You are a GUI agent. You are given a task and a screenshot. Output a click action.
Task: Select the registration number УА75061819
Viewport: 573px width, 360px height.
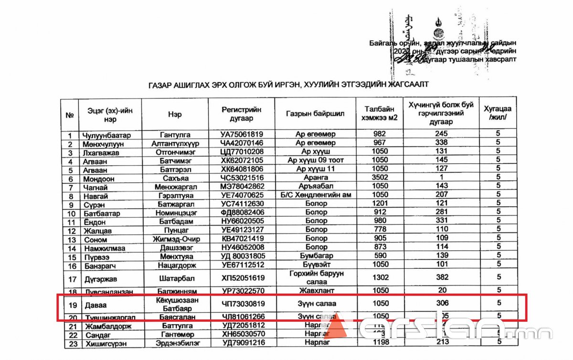point(242,134)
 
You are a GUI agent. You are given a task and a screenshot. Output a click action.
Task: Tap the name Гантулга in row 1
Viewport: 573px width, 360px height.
point(175,134)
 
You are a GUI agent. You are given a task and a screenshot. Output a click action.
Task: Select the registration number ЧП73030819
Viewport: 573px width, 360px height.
point(242,303)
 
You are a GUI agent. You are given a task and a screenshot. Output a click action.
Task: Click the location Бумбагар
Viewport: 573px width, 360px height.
point(316,256)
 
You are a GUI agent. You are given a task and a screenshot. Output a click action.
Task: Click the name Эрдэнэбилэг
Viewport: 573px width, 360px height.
point(175,343)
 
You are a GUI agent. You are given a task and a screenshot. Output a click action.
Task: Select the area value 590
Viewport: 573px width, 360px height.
point(380,256)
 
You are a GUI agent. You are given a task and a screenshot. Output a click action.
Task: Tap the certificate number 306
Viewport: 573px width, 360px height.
point(442,303)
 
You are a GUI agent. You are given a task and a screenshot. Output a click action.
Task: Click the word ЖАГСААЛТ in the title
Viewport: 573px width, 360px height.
point(403,85)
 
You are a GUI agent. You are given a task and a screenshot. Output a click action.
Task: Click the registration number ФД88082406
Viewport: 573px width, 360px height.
point(242,212)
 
